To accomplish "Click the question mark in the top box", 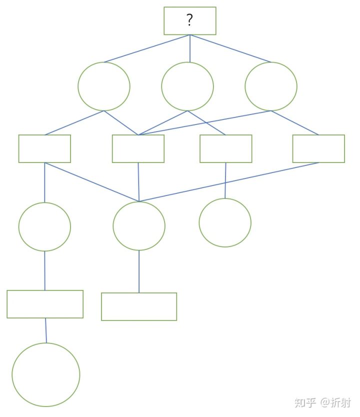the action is point(190,20).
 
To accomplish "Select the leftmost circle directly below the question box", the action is point(104,86).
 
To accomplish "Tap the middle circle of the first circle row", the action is point(187,86).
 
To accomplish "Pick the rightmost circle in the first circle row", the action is point(271,86).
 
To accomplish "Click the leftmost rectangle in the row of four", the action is point(44,148).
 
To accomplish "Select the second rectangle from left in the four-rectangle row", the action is point(138,148).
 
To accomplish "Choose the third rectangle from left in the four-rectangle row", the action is point(225,148).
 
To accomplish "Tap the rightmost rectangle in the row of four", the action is point(318,148).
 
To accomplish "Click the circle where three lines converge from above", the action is point(139,226).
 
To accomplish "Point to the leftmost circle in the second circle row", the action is point(44,226).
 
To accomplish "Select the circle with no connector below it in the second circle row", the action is point(225,222).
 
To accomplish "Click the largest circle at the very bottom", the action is point(46,374).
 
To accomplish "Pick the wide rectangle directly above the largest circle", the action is point(45,304).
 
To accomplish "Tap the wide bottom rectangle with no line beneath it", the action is point(139,306).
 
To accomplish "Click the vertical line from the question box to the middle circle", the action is point(189,48).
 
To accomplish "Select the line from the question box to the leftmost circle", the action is point(147,48).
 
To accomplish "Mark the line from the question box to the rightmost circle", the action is point(230,48).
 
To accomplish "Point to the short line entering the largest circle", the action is point(46,330).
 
